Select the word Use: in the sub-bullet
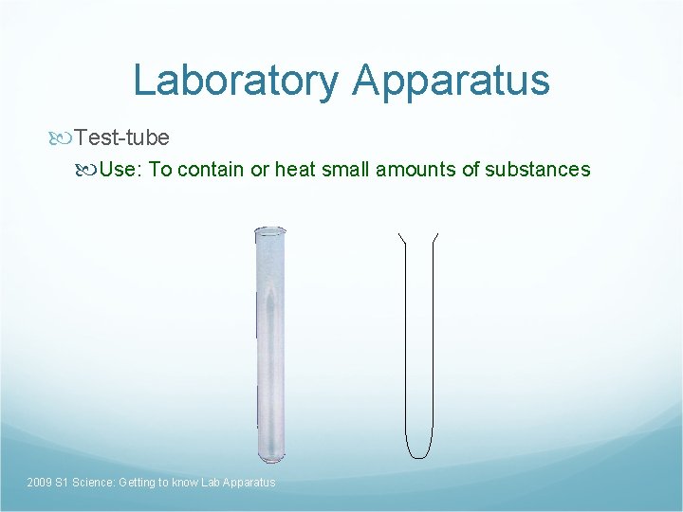click(x=120, y=170)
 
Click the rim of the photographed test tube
click(x=269, y=230)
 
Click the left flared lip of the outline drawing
click(x=402, y=236)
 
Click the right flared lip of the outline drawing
click(x=434, y=236)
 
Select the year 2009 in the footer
click(x=40, y=483)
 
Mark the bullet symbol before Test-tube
click(x=65, y=138)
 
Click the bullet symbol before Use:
click(x=88, y=171)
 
